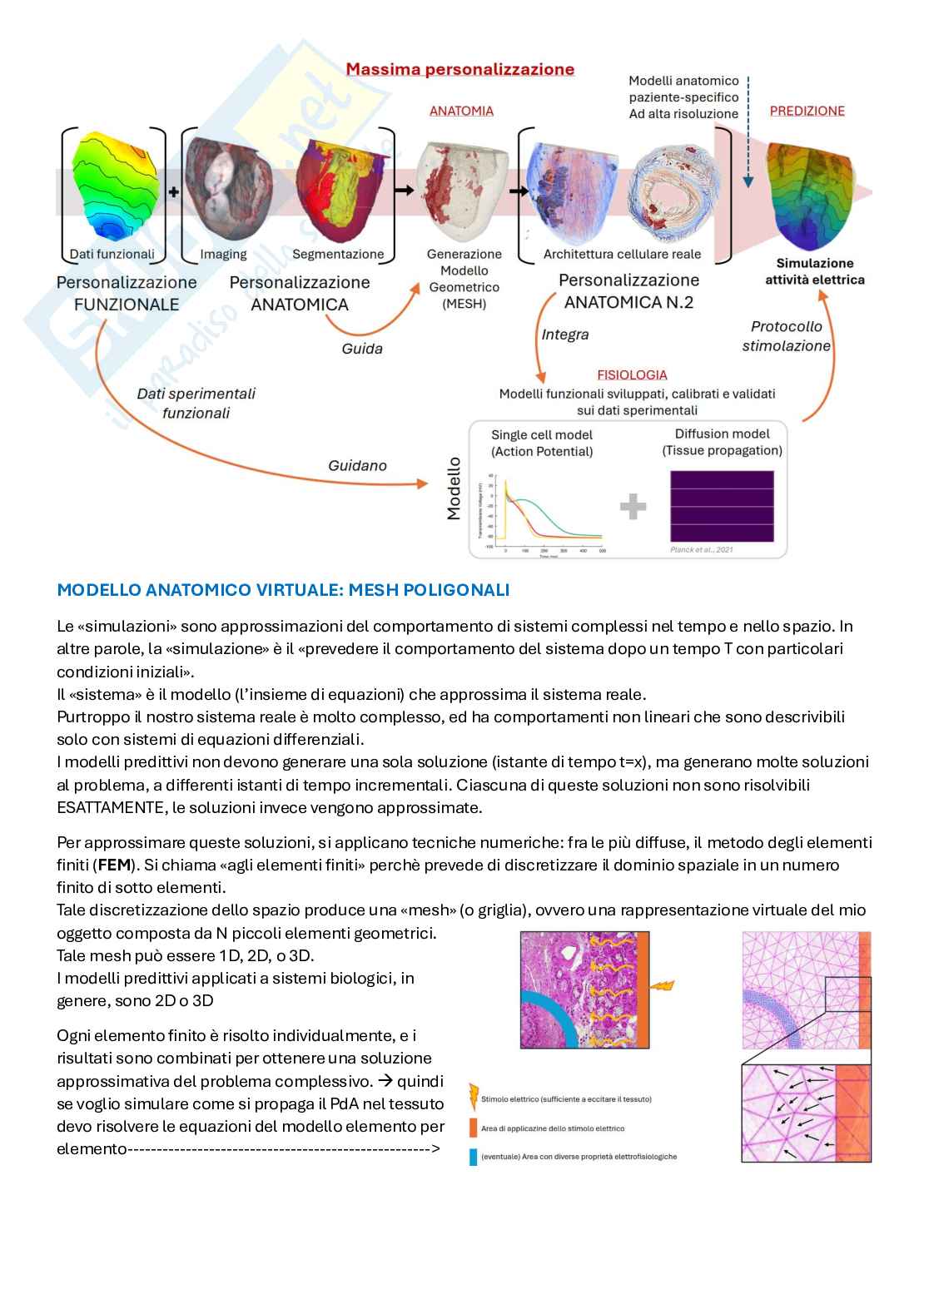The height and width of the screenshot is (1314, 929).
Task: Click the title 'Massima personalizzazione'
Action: [x=460, y=70]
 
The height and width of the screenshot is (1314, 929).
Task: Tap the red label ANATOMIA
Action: [x=461, y=111]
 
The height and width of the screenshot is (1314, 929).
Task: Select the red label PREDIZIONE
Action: [x=807, y=111]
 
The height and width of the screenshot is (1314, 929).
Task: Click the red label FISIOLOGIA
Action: [x=632, y=375]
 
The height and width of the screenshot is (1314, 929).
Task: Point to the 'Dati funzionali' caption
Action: [x=112, y=254]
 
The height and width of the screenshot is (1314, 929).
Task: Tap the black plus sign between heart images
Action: [x=174, y=191]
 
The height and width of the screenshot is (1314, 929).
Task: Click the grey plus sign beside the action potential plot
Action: [x=633, y=506]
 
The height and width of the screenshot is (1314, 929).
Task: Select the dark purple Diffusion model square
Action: [x=722, y=506]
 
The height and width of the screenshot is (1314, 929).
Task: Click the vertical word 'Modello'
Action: [x=454, y=488]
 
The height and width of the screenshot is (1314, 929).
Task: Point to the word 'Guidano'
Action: [x=357, y=466]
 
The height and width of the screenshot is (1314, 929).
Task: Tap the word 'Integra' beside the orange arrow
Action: [x=565, y=335]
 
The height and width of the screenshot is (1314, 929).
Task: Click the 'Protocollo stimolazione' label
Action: [x=787, y=336]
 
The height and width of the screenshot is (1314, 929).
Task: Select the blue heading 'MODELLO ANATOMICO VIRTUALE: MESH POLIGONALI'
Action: [x=283, y=590]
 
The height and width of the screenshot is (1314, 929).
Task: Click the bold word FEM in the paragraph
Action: [x=115, y=865]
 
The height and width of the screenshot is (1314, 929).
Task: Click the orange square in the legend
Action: [x=474, y=1128]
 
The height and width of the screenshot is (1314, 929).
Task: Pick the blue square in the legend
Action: [x=474, y=1156]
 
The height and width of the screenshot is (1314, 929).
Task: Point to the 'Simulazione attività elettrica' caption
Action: [x=814, y=271]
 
